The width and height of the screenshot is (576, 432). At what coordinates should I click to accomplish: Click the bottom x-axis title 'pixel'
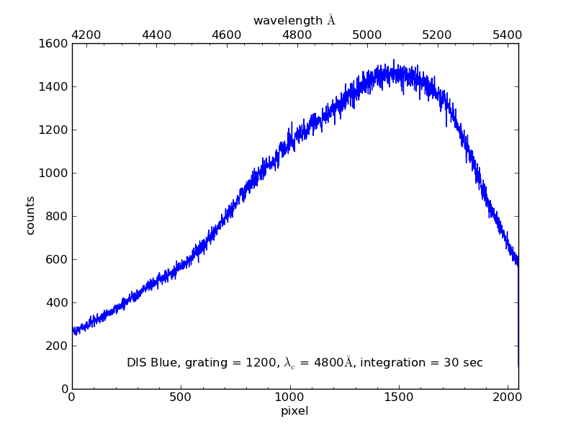294,411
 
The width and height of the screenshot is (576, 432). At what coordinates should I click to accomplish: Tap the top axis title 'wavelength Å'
294,20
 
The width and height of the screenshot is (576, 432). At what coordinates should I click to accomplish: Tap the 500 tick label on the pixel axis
181,397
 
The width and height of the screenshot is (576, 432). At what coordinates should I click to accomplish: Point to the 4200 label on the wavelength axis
88,34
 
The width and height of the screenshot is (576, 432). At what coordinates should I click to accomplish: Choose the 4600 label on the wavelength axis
228,34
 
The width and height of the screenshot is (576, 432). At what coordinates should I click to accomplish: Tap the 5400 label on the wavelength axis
506,34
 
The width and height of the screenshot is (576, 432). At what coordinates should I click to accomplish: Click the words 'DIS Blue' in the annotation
150,363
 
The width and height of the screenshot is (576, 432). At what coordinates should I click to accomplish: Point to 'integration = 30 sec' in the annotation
421,363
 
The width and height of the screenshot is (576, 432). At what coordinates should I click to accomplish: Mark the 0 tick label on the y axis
64,390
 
